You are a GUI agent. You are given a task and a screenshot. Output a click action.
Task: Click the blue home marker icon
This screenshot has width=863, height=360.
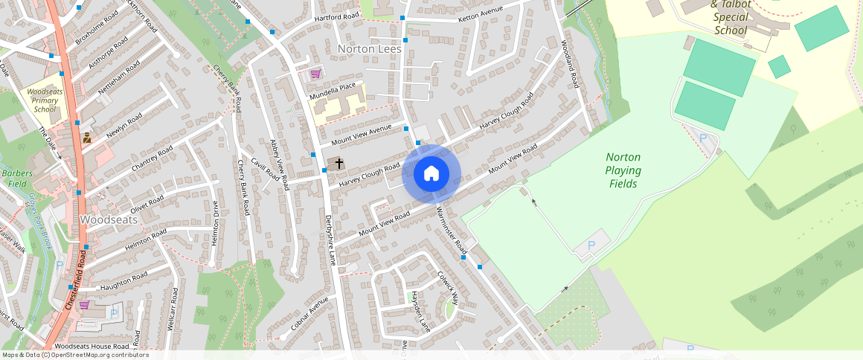(x=431, y=174)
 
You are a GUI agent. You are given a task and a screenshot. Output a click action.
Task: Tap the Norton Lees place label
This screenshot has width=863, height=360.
(x=369, y=49)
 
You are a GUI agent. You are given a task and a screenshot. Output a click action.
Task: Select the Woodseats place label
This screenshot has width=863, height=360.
(x=108, y=220)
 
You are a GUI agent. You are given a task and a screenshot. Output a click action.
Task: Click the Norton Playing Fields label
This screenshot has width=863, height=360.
(x=623, y=170)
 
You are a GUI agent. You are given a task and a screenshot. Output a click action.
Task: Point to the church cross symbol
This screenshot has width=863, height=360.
(x=339, y=162)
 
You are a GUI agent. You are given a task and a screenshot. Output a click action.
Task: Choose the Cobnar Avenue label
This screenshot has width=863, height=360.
(x=309, y=315)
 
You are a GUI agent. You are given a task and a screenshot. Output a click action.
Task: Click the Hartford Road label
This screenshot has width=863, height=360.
(x=336, y=16)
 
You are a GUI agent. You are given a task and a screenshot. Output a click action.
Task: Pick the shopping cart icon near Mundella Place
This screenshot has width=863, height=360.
(x=315, y=74)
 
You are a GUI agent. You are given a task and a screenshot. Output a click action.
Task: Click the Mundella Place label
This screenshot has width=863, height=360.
(x=339, y=92)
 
